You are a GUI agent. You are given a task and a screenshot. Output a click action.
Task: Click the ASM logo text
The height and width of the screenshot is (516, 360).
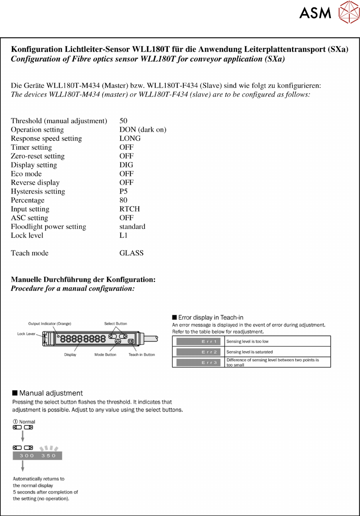pos(315,13)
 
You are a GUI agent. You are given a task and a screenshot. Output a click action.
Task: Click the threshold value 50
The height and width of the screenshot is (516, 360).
pos(123,121)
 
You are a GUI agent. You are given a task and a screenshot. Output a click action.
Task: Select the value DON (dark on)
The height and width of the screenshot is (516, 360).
pos(143,130)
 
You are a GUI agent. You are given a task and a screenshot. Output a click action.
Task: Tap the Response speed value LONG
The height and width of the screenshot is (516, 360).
pos(130,138)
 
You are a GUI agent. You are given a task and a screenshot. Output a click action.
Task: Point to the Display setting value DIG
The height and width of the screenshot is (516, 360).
pos(126,165)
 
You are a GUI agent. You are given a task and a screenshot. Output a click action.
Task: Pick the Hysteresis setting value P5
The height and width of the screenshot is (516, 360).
pos(124,191)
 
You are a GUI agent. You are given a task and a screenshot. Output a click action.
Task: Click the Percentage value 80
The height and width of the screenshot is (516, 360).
pos(123,200)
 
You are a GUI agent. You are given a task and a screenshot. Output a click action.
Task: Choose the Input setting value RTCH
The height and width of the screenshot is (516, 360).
pos(129,209)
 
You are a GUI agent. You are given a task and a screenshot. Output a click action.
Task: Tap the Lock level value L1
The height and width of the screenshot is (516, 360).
pos(124,235)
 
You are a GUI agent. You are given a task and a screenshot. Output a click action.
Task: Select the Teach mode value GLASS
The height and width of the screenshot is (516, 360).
pos(131,253)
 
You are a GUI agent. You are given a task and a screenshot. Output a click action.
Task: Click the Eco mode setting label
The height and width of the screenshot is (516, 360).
pos(26,174)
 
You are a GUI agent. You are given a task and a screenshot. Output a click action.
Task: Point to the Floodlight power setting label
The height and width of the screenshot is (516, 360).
pos(48,226)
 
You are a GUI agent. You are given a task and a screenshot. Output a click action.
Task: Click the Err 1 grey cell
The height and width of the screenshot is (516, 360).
pos(198,341)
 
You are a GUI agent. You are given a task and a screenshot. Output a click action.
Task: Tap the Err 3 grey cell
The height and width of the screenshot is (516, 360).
pos(198,362)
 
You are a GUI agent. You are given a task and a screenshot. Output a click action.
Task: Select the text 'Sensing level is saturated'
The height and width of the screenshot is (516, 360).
pos(249,352)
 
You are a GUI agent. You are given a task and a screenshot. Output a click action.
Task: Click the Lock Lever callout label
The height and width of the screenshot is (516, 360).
pos(26,334)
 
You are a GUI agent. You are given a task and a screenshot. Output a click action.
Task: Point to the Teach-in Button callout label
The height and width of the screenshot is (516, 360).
pos(142,355)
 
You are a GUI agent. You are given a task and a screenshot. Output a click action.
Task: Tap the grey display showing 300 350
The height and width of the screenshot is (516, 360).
pos(38,456)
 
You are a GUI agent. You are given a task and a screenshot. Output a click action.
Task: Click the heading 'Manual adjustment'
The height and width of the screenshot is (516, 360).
pos(51,393)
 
